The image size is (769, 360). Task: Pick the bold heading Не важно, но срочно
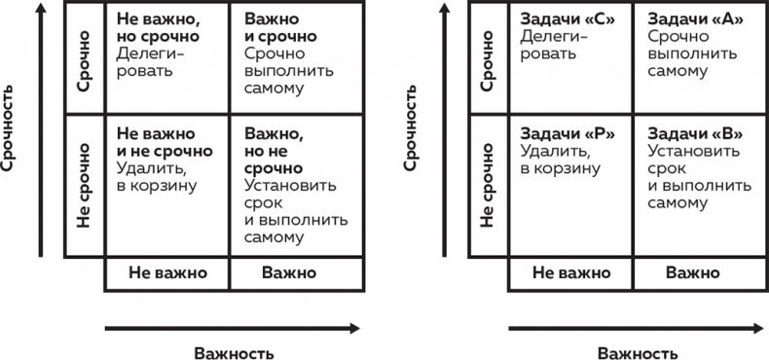[158, 27]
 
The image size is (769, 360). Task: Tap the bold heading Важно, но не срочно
[274, 150]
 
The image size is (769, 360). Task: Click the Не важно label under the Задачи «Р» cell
[571, 273]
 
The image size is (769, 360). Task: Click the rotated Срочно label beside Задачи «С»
[488, 62]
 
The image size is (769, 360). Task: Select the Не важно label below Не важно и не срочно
[167, 273]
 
